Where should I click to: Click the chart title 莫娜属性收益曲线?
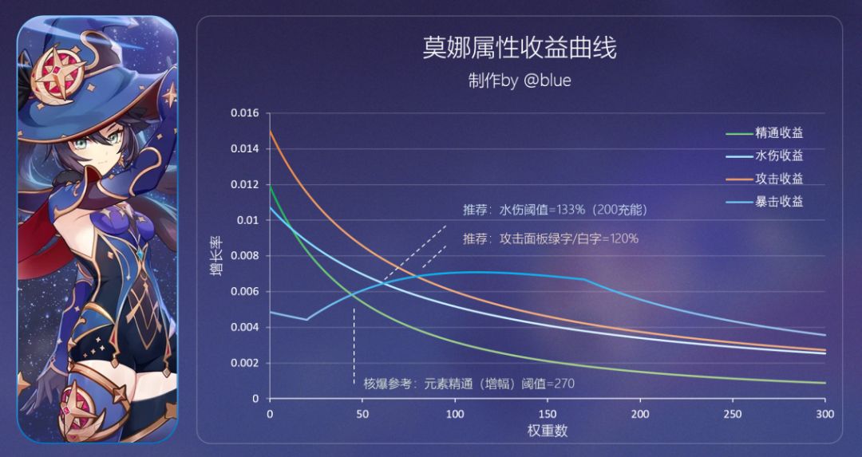[519, 49]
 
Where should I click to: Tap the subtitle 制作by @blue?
[520, 81]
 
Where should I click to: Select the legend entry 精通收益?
[779, 133]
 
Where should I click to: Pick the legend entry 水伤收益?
[779, 156]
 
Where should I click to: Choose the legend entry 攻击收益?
[779, 179]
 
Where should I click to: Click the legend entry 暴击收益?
[779, 201]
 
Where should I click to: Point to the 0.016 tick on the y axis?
[245, 113]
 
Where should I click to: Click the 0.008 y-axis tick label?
[245, 256]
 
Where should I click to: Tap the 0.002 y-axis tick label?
[245, 363]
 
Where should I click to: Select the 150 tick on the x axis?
[548, 414]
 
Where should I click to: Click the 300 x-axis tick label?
[825, 414]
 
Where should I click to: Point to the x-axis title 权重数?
[547, 431]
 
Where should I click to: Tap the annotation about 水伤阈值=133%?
[555, 211]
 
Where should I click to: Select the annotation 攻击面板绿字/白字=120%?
[550, 238]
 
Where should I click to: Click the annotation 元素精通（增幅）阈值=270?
[469, 384]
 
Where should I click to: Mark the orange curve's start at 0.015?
[270, 132]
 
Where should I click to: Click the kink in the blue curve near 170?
[584, 279]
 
